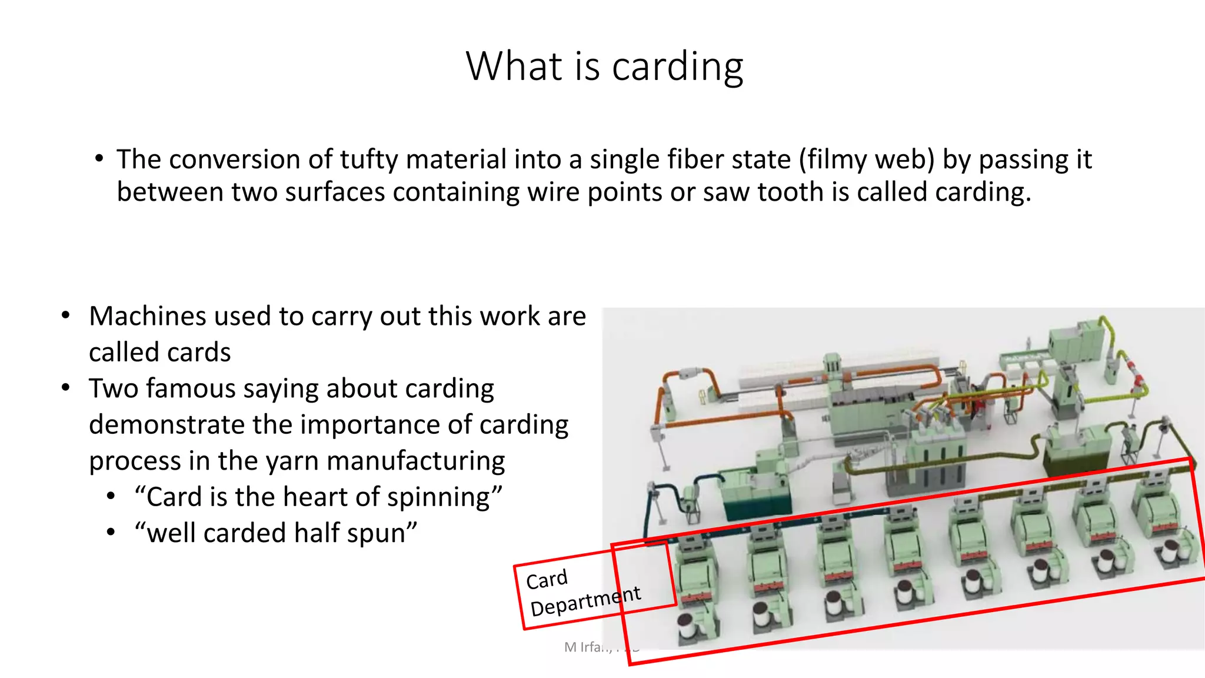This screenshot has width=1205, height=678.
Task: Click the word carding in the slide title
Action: coord(677,67)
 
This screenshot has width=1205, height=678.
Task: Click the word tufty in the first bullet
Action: coord(369,159)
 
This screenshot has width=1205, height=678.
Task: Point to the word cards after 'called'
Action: coord(201,353)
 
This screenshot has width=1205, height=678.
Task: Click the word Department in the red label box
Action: coord(585,601)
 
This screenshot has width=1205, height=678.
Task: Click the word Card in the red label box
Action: coord(547,580)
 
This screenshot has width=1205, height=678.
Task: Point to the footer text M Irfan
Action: coord(587,647)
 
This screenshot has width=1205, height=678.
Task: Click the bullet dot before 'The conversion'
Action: coord(99,159)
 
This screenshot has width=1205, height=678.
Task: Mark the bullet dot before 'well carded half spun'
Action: coord(111,533)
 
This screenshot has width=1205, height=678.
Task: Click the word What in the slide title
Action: coord(514,67)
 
